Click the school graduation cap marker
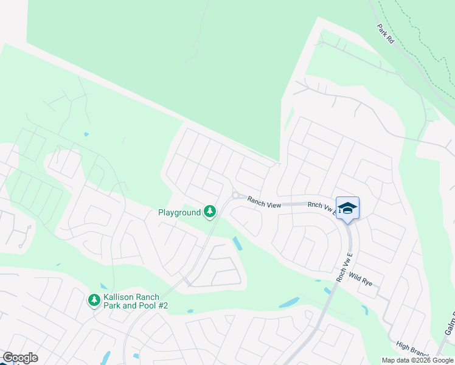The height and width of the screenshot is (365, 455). (x=347, y=208)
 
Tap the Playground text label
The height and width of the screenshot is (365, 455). (x=179, y=212)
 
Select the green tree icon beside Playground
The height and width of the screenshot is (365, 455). (x=210, y=212)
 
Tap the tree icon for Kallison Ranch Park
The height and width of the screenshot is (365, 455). (x=94, y=299)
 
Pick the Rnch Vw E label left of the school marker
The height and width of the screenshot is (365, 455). (x=321, y=207)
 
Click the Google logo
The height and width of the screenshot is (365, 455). (x=20, y=358)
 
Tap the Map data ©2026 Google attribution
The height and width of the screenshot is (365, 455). (x=417, y=360)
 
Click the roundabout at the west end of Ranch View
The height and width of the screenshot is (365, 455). (x=235, y=195)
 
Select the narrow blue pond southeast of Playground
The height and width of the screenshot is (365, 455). (x=237, y=243)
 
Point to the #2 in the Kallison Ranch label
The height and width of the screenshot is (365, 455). (x=161, y=305)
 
